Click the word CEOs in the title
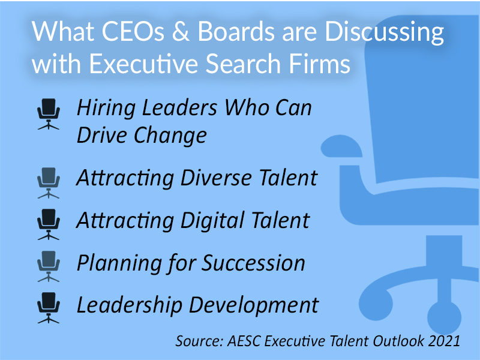119,33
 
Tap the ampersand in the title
169,33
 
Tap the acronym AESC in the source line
245,340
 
